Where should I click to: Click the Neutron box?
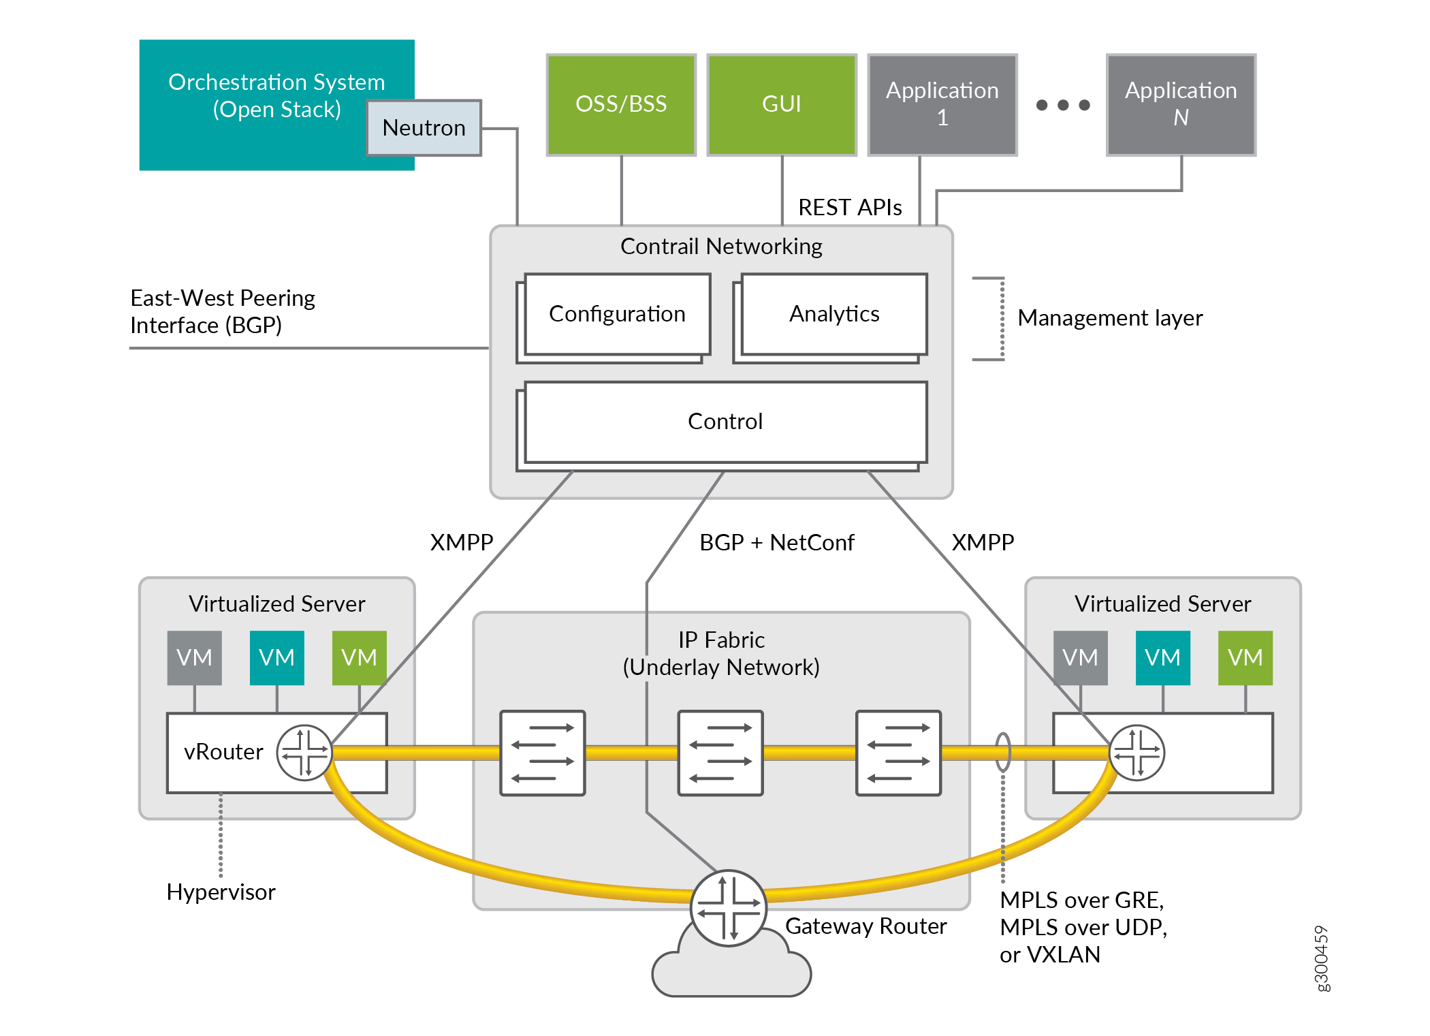[x=424, y=128]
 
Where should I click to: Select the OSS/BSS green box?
[x=621, y=104]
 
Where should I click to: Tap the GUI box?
[x=782, y=104]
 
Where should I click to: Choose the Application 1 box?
[x=942, y=104]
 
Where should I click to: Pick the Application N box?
[x=1181, y=104]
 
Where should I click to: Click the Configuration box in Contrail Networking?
[x=617, y=314]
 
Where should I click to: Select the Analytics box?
[x=834, y=314]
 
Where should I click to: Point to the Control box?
[x=725, y=422]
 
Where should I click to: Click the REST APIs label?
[x=850, y=207]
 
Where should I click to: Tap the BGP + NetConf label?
[x=776, y=543]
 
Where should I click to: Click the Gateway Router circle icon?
[x=729, y=908]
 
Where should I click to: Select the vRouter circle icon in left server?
[x=304, y=752]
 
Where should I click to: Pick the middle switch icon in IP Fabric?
[x=720, y=753]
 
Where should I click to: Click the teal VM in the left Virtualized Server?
[x=276, y=657]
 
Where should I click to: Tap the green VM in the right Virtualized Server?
[x=1245, y=657]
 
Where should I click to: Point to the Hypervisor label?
[x=221, y=892]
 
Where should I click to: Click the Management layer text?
[x=1110, y=318]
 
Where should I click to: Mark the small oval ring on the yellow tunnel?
[x=1003, y=752]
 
